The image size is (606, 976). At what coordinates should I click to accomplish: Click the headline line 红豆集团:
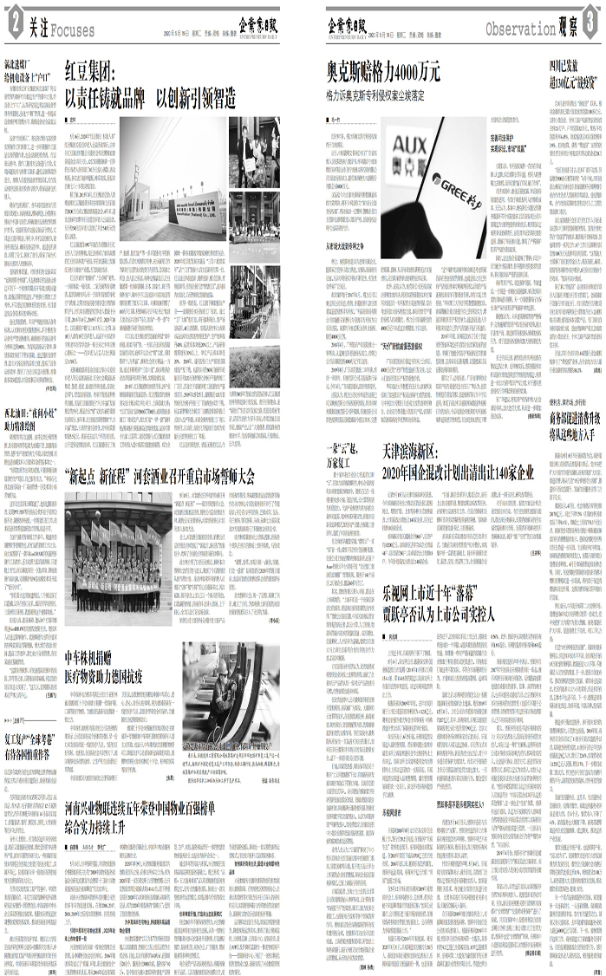pyautogui.click(x=94, y=72)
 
